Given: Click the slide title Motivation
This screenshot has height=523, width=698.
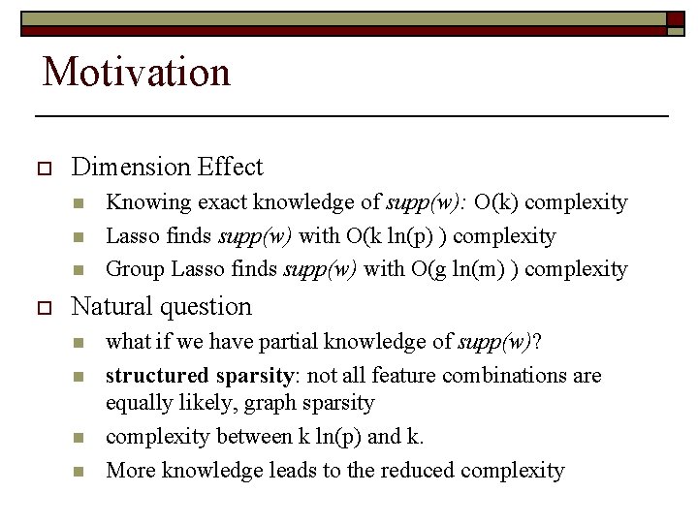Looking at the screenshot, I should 137,72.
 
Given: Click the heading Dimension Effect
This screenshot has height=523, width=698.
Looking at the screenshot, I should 167,168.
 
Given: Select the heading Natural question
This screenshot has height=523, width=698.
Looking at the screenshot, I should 161,307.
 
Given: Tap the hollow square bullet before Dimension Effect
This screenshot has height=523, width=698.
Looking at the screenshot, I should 41,169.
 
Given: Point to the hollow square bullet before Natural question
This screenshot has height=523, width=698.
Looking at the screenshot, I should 41,308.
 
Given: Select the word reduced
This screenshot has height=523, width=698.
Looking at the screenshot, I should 418,471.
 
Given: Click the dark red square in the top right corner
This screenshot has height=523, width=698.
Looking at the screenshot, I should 676,19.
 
